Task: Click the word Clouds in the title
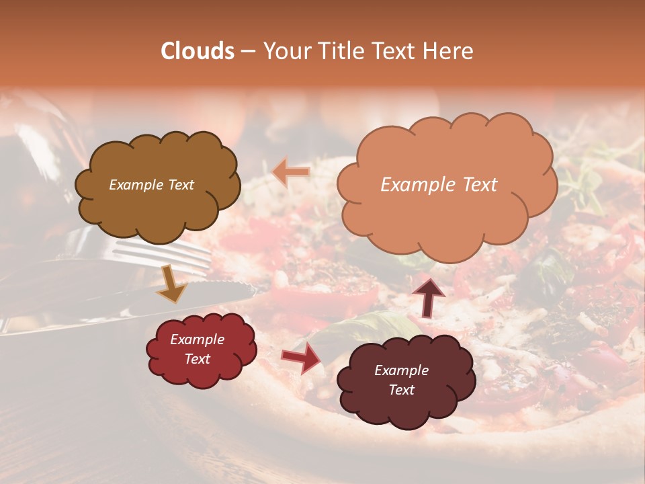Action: (x=198, y=51)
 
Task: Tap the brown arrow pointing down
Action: (x=171, y=285)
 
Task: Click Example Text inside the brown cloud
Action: (x=151, y=185)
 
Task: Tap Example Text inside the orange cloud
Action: (x=439, y=185)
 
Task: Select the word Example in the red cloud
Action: (x=197, y=339)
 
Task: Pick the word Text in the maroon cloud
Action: (x=401, y=390)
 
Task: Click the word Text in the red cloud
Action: (x=197, y=359)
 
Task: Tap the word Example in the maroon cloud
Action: (x=401, y=370)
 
